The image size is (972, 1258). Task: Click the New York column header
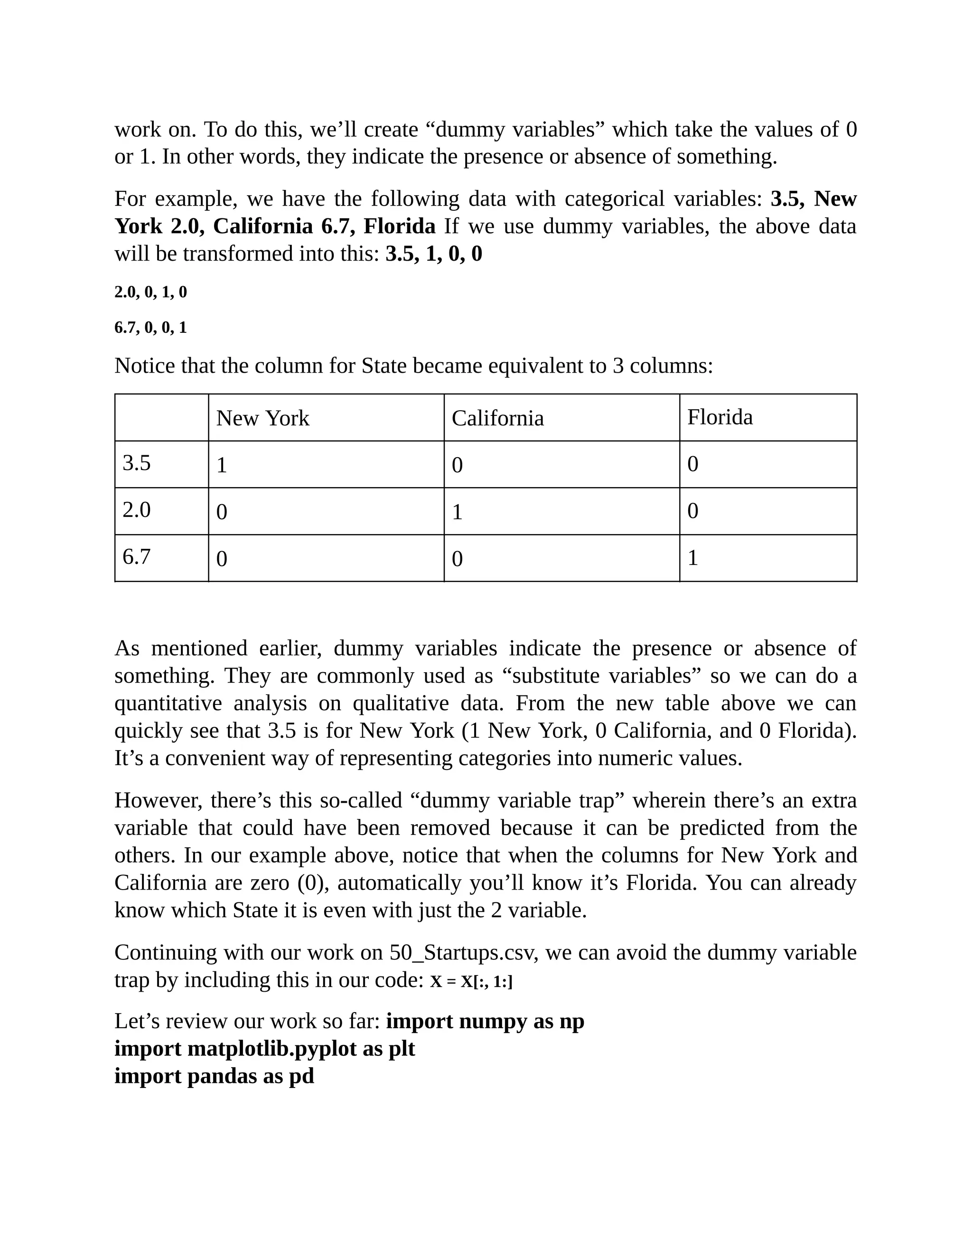[x=262, y=418]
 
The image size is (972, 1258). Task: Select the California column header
[x=497, y=418]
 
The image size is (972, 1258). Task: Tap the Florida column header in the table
[x=720, y=417]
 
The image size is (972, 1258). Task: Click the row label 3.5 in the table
[x=137, y=463]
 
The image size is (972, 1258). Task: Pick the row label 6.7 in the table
[x=137, y=557]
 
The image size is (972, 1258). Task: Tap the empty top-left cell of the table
[x=161, y=418]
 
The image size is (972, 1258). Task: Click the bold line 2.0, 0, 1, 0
[x=151, y=292]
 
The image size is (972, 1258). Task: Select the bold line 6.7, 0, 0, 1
[x=151, y=328]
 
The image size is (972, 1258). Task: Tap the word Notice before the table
[x=144, y=366]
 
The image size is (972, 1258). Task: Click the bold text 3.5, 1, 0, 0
[x=434, y=254]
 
